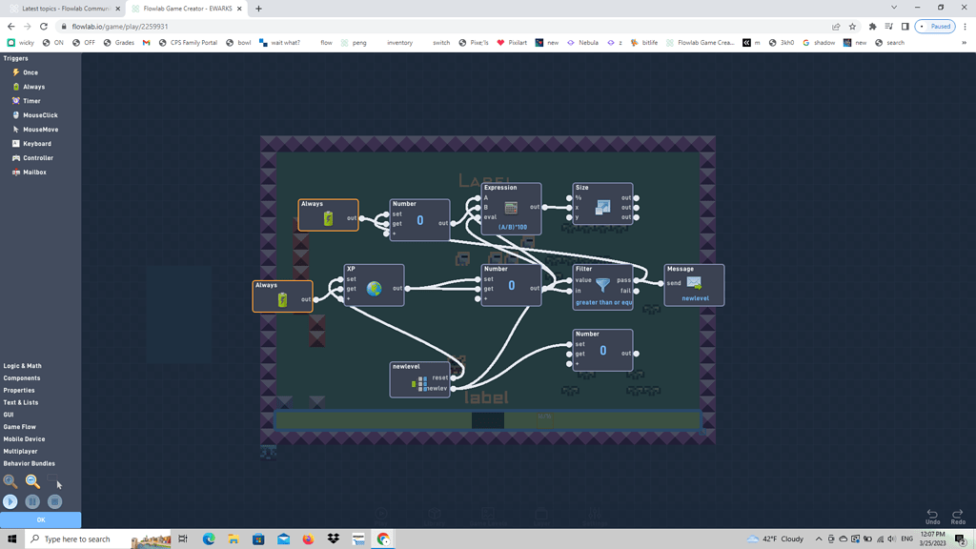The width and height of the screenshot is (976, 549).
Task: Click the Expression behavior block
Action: tap(511, 208)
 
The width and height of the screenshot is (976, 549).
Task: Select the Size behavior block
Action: tap(602, 207)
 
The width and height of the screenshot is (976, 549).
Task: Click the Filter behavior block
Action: tap(602, 286)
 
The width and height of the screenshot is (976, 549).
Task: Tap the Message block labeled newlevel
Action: tap(694, 284)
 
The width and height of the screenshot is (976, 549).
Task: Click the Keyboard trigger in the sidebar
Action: tap(37, 144)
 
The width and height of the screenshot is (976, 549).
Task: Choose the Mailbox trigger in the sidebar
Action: tap(34, 173)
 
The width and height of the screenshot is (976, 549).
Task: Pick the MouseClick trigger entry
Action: tap(40, 115)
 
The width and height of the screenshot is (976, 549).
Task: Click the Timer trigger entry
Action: tap(31, 101)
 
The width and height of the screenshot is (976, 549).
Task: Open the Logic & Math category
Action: tap(22, 366)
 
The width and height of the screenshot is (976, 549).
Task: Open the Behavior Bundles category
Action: tap(29, 463)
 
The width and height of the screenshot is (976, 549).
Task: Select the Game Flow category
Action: tap(19, 427)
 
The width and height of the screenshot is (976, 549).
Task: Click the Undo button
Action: tap(932, 516)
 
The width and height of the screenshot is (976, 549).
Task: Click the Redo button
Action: tap(958, 516)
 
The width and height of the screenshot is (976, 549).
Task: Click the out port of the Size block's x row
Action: tap(637, 208)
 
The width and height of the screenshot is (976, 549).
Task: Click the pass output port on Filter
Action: tap(637, 280)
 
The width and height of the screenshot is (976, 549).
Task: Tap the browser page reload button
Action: tap(44, 27)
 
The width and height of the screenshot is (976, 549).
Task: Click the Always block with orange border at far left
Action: tap(282, 296)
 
